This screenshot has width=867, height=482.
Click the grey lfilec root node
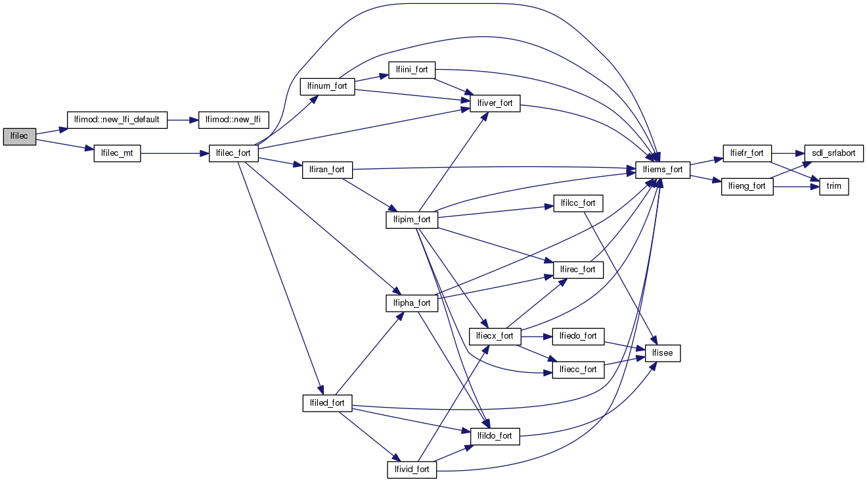click(19, 136)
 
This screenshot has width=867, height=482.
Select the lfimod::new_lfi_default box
click(118, 120)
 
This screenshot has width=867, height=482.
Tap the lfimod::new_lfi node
click(233, 120)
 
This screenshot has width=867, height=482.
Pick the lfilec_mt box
click(117, 153)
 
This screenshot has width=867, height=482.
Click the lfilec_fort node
click(233, 153)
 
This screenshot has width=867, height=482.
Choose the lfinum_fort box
click(327, 86)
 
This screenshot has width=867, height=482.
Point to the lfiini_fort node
click(412, 70)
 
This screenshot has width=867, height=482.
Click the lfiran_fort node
click(327, 170)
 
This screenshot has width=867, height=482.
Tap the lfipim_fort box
click(412, 220)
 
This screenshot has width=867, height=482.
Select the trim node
click(834, 186)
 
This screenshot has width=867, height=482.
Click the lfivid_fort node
click(412, 469)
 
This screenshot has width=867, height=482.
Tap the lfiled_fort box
click(327, 402)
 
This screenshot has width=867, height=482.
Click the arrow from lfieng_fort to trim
click(796, 186)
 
